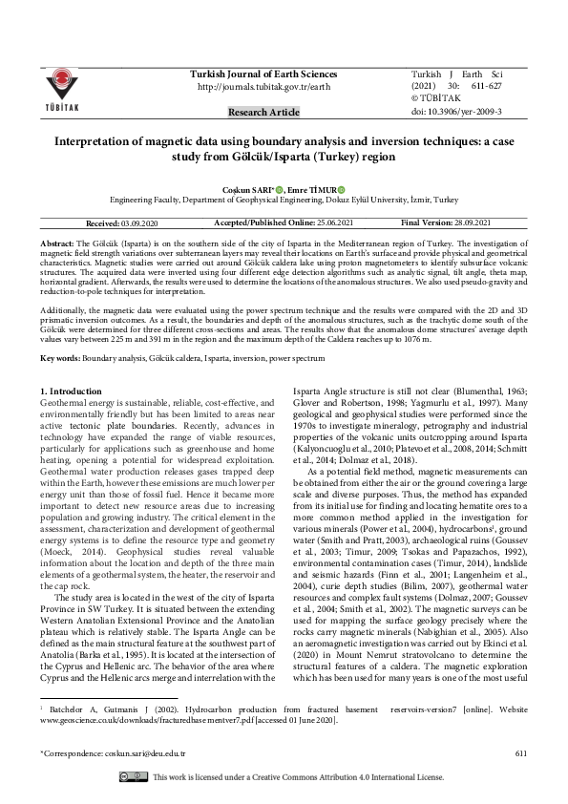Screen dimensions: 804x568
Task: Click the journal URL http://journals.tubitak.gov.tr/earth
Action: pos(263,87)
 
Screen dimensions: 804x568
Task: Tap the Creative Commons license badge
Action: pos(134,777)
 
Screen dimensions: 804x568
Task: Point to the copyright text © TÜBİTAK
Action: pos(436,99)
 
